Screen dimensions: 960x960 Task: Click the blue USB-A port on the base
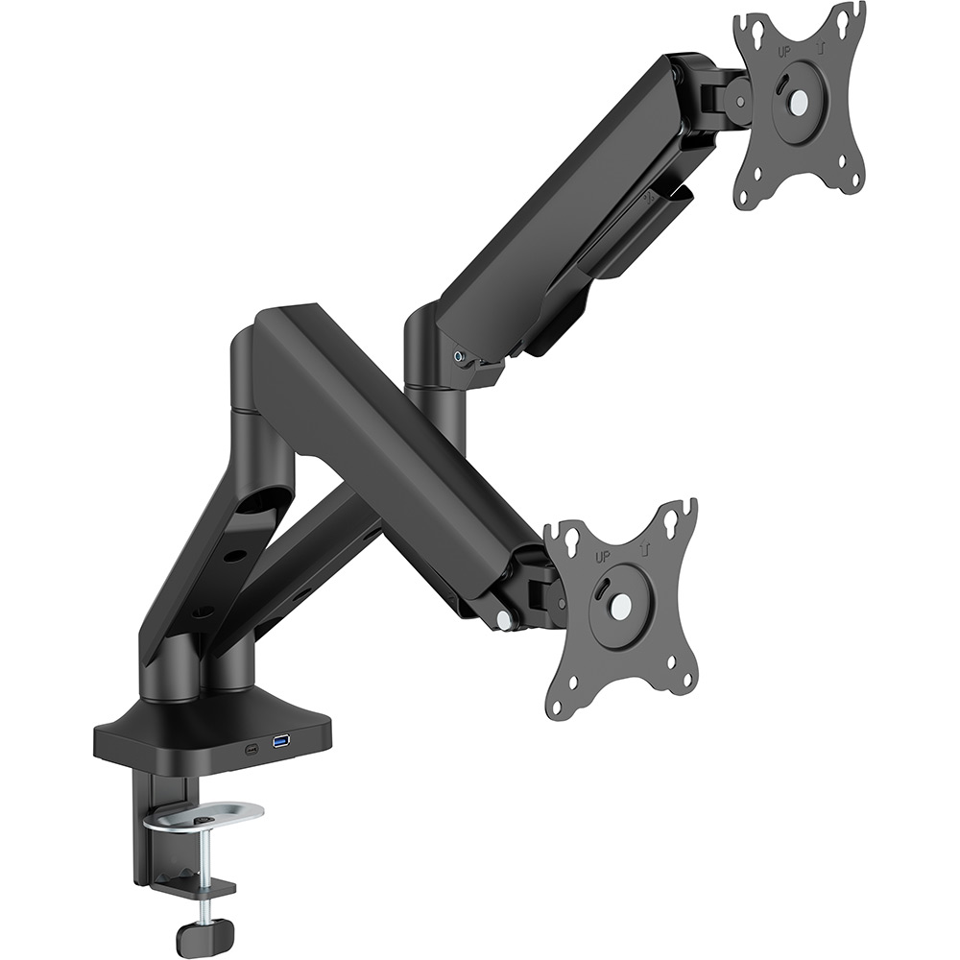tap(280, 742)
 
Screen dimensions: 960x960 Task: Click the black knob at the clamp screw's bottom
tap(207, 931)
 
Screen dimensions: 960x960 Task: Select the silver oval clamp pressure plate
tap(204, 817)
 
